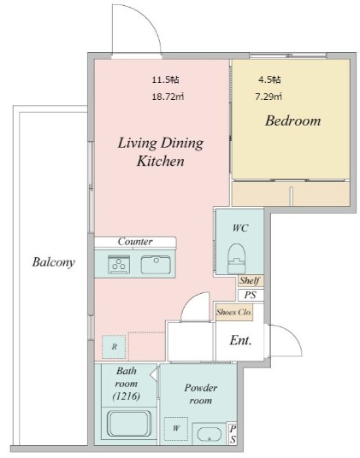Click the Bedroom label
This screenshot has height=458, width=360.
pos(292,121)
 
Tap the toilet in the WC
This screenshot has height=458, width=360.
pos(236,259)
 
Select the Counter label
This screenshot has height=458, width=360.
pos(135,242)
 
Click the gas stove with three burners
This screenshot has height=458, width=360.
pos(119,264)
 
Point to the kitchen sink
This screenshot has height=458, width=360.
pos(156,265)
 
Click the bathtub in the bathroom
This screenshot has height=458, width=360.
pos(129,424)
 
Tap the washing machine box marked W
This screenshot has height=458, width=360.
pos(176,429)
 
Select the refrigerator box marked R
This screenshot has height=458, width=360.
pos(115,347)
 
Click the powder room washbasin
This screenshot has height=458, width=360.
pos(210,434)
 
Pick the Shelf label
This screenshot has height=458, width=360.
pos(250,281)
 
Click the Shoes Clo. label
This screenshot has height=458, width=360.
pos(234,312)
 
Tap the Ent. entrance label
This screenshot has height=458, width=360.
pos(240,340)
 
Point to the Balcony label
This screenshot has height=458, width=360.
pos(54,262)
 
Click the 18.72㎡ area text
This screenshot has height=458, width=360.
pos(168,97)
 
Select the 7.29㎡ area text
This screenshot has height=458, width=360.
pos(269,97)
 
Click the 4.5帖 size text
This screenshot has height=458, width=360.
pos(269,79)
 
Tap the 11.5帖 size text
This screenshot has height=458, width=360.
pos(165,79)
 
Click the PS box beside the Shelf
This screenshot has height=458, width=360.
pos(251,295)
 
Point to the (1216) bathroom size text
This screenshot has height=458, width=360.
pos(127,396)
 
